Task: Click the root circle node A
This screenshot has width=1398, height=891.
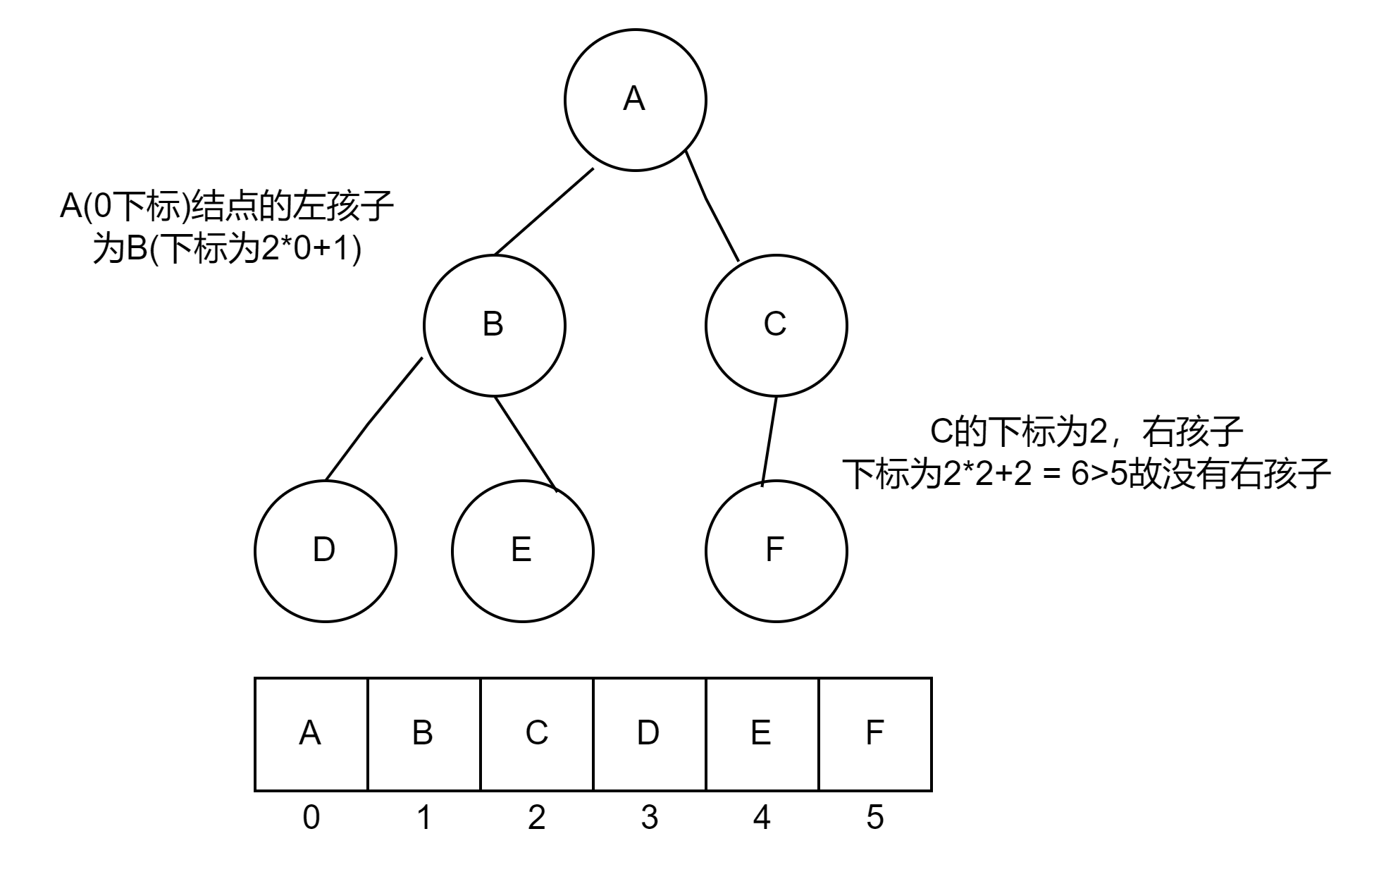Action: (635, 100)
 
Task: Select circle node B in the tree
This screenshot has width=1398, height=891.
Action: (494, 326)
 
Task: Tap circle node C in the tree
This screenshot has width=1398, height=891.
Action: (776, 326)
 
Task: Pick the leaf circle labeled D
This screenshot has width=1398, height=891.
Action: (325, 551)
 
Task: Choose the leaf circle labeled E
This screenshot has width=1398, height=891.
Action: (522, 551)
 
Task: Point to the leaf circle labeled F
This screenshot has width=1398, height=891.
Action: (776, 551)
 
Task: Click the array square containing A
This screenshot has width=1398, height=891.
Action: (311, 735)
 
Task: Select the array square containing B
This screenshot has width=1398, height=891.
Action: (423, 735)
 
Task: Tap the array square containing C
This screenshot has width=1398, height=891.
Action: (536, 735)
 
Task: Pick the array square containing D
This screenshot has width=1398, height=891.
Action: (649, 735)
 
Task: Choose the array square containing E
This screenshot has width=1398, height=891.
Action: (762, 735)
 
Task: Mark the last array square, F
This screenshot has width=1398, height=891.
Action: (874, 735)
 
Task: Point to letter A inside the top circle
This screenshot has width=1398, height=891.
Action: (634, 99)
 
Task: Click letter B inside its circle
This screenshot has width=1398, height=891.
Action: (493, 324)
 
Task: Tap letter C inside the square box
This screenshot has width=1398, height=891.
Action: (537, 733)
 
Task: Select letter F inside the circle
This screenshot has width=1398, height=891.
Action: (774, 550)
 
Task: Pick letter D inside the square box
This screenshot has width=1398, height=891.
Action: (648, 733)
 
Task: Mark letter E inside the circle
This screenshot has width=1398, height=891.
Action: (521, 550)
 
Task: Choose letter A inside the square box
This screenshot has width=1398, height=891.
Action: (310, 733)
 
